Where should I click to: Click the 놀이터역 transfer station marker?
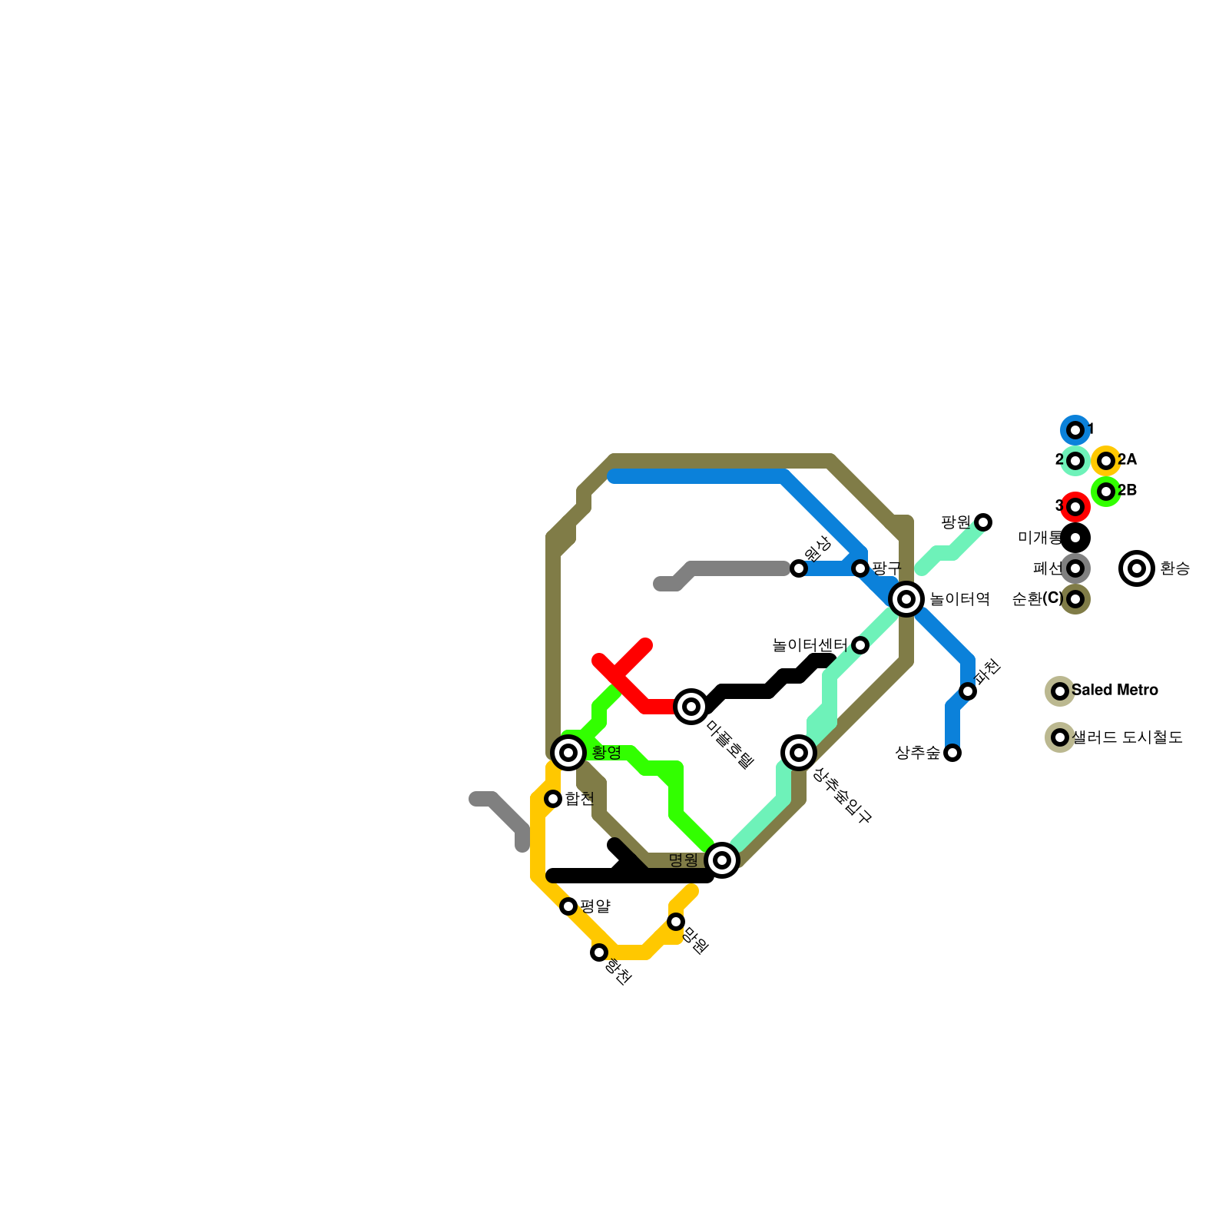pos(906,598)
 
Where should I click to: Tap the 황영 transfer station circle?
pos(568,753)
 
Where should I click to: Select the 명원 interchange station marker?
pos(722,860)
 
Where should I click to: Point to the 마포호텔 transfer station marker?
pos(691,706)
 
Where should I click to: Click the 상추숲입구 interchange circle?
pos(799,752)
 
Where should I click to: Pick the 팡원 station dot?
pos(983,522)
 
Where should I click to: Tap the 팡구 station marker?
pos(860,568)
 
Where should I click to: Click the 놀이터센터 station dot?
pos(860,645)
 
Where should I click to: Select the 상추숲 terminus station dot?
pos(952,753)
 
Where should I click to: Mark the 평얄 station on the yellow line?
pos(568,906)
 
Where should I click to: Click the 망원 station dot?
pos(676,922)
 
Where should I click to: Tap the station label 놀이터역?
pos(959,599)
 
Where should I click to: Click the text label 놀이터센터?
pos(810,645)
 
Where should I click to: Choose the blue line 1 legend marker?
pos(1075,430)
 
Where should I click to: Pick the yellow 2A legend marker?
pos(1106,461)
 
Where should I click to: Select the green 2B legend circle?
pos(1106,492)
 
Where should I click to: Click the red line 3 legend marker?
pos(1075,507)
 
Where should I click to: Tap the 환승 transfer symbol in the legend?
pos(1138,568)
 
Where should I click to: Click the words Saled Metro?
pos(1115,690)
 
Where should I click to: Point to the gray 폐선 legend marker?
pos(1075,568)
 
